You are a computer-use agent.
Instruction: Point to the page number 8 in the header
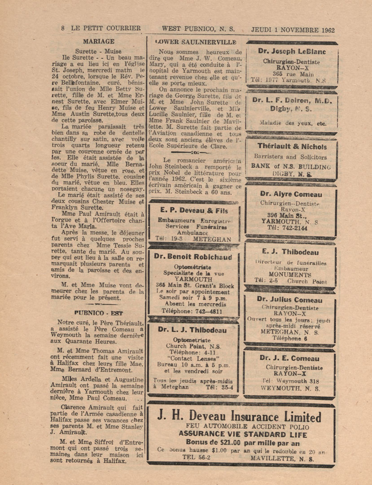pos(63,29)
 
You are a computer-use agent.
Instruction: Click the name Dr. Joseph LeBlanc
pos(292,52)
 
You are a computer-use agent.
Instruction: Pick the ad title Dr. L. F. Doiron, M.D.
pos(292,100)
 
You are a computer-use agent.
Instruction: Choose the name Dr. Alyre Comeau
pos(291,194)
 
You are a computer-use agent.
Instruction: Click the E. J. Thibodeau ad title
pos(291,252)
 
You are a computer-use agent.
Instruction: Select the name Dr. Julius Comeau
pos(290,300)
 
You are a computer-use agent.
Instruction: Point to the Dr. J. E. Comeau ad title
pos(289,358)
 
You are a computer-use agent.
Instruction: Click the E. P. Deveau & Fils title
pos(193,210)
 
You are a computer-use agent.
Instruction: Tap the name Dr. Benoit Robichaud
pos(193,257)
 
